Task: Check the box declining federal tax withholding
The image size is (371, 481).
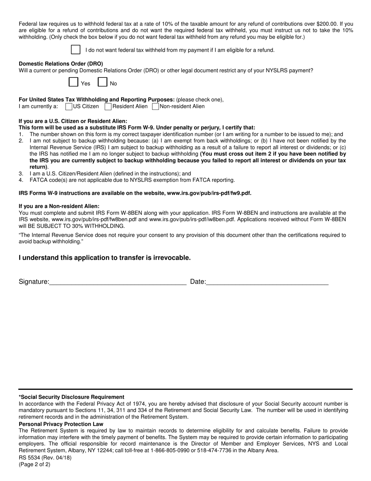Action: point(76,50)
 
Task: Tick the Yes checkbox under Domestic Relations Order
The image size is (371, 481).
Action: point(73,82)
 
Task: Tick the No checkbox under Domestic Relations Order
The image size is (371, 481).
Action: point(102,82)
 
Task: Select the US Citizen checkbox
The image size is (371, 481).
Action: point(69,106)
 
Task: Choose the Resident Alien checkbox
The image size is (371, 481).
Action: point(108,106)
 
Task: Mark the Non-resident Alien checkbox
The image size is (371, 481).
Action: point(155,106)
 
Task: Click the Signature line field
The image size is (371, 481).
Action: point(118,282)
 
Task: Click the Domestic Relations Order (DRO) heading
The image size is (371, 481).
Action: point(61,64)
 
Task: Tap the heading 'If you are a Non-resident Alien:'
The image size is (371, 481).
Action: point(59,206)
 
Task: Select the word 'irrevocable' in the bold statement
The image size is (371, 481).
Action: point(172,258)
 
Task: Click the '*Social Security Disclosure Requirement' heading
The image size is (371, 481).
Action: point(71,397)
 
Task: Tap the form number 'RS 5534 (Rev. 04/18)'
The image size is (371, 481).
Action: point(45,458)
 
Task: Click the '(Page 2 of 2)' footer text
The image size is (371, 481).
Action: point(34,465)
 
